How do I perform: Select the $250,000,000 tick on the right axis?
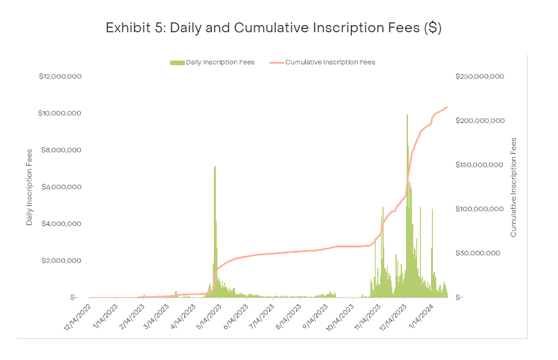point(480,76)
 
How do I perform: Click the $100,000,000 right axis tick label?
point(480,209)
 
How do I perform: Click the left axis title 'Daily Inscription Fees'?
point(30,187)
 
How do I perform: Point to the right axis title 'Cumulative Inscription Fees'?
point(513,187)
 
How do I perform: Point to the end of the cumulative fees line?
point(447,107)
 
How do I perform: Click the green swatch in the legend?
point(176,63)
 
